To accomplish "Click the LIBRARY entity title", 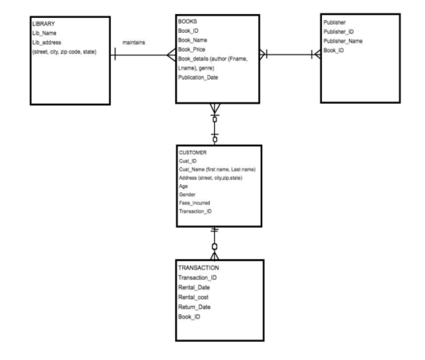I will click(x=43, y=24).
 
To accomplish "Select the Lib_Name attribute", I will click(x=45, y=33).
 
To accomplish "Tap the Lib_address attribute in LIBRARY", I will click(x=48, y=43).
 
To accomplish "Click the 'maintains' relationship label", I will click(x=133, y=43).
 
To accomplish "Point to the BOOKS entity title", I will click(x=187, y=21).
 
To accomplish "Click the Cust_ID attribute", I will click(x=187, y=161).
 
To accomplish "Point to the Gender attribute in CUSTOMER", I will click(x=187, y=194).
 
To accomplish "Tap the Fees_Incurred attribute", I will click(x=194, y=202).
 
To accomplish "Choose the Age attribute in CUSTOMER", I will click(x=183, y=185).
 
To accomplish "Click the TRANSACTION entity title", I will click(x=198, y=267).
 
